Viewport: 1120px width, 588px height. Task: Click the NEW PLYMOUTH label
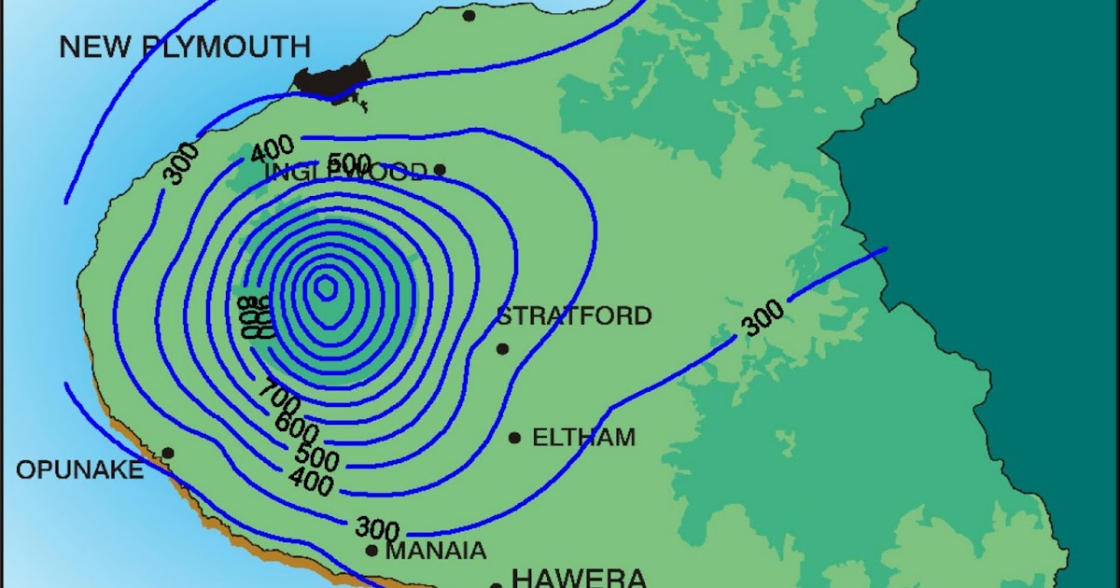click(185, 47)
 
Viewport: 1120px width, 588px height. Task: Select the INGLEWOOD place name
click(345, 172)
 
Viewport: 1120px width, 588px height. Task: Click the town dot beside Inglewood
click(441, 170)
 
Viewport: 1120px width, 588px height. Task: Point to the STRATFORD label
click(573, 315)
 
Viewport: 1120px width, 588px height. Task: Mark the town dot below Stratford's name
click(502, 349)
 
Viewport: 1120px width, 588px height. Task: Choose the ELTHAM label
click(583, 437)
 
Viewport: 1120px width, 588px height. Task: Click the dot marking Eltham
click(514, 438)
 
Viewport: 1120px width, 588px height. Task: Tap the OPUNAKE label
click(80, 470)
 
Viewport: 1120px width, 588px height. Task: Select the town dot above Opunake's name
click(168, 453)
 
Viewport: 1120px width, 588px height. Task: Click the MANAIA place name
click(436, 552)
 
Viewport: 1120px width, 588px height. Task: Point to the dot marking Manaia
click(371, 552)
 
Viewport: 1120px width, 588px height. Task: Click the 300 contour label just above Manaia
click(378, 528)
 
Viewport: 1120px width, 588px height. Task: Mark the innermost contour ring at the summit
click(325, 287)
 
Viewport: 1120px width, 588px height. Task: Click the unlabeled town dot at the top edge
click(469, 15)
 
